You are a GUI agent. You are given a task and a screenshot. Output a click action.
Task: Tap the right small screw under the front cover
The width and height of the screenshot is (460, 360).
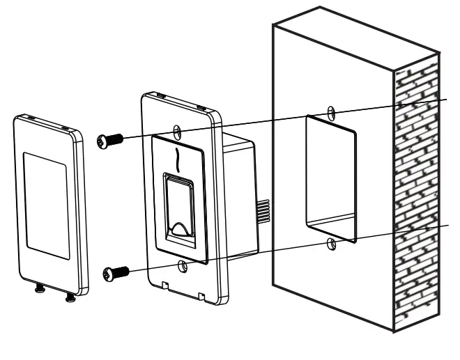(70, 299)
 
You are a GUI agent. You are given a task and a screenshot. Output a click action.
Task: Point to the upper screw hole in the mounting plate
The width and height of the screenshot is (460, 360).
(178, 132)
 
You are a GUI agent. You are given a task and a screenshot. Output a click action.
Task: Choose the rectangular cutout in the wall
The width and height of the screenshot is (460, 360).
(330, 178)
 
